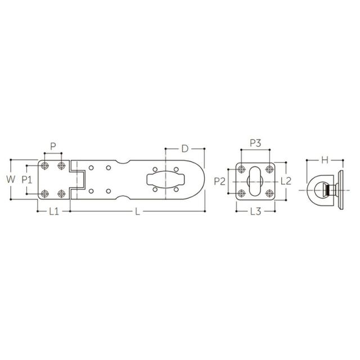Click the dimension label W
tap(11, 179)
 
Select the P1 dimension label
tap(27, 179)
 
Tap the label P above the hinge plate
tap(53, 146)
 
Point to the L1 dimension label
tap(54, 211)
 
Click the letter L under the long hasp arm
tap(137, 211)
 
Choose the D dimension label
tap(185, 148)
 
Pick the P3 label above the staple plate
tap(255, 143)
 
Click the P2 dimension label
tap(220, 181)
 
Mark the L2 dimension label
tap(286, 181)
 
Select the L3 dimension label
tap(255, 211)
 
